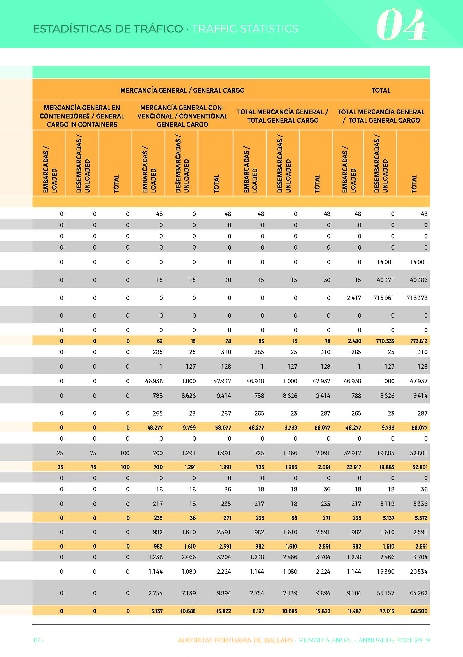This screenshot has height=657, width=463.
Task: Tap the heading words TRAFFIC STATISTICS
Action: coord(245,29)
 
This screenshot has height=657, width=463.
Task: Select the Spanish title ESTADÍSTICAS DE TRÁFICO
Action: coord(108,29)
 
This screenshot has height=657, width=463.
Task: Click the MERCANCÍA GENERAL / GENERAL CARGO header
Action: coord(182,90)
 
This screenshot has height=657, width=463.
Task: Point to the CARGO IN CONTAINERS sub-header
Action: coord(82,124)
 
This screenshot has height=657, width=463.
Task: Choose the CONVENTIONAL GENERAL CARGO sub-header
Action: coord(182,120)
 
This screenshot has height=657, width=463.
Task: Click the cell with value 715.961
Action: coord(384,298)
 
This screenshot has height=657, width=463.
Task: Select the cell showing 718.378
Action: coord(417,298)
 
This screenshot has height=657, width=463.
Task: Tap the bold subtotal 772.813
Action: coord(419,341)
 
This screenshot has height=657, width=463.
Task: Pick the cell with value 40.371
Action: coord(385,280)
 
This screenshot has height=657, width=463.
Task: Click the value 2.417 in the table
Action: coord(354,298)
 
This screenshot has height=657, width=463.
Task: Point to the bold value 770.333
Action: coord(385,341)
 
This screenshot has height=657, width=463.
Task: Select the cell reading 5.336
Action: coord(420,504)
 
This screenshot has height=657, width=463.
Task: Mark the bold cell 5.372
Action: coord(421,518)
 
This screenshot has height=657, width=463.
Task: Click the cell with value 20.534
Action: coord(419,572)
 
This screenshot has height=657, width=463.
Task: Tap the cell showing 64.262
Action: coord(419,593)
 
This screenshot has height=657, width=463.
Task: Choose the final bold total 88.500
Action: coord(419,611)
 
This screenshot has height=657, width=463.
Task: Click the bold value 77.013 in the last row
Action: coord(387,611)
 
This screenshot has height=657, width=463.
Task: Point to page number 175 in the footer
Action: coord(38,640)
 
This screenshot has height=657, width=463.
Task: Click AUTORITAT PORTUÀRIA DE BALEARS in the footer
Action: coord(235,640)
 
